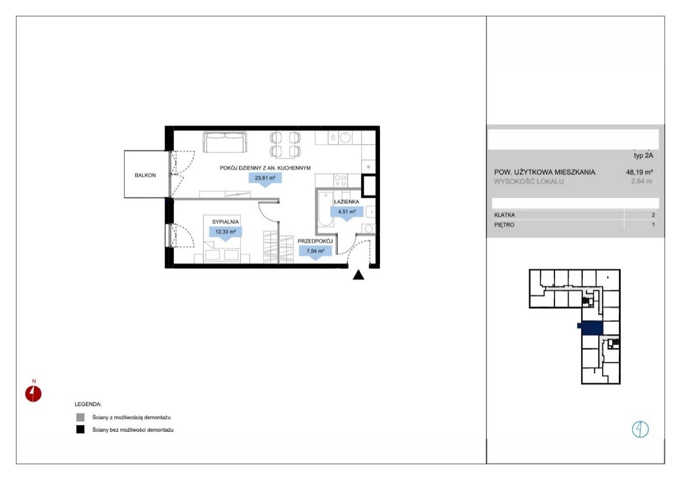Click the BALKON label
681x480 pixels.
pyautogui.click(x=145, y=175)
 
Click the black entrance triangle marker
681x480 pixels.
pyautogui.click(x=358, y=275)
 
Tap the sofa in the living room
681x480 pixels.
pyautogui.click(x=225, y=142)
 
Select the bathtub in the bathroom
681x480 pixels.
pyautogui.click(x=326, y=209)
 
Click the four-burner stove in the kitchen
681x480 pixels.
pyautogui.click(x=340, y=180)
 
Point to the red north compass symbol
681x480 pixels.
pyautogui.click(x=33, y=394)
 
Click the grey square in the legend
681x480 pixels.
pyautogui.click(x=80, y=417)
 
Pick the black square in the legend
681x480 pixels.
pyautogui.click(x=80, y=429)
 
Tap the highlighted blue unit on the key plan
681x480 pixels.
pyautogui.click(x=591, y=328)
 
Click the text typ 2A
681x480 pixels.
pyautogui.click(x=643, y=156)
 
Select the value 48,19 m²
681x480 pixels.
pyautogui.click(x=639, y=172)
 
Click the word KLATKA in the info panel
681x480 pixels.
pyautogui.click(x=504, y=215)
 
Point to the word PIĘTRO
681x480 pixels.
pyautogui.click(x=504, y=225)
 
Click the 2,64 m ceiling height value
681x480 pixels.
pyautogui.click(x=641, y=181)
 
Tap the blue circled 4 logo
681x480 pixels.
pyautogui.click(x=640, y=429)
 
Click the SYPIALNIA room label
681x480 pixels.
pyautogui.click(x=225, y=222)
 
